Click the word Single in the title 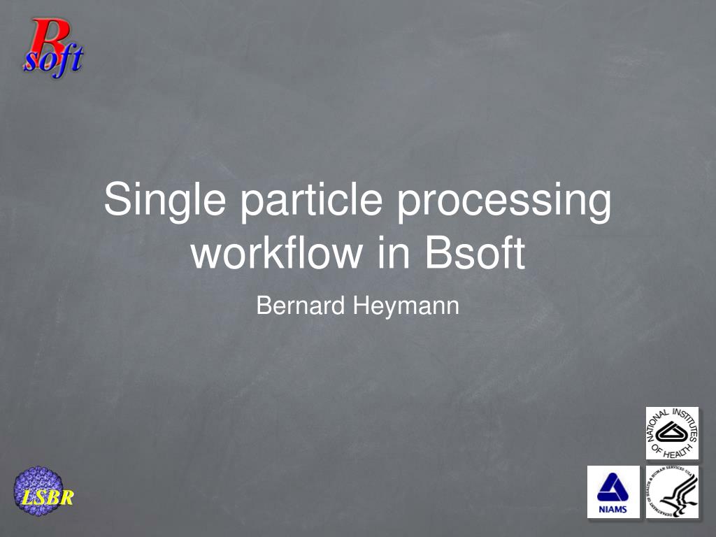[x=164, y=201]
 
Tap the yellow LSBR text [x=47, y=499]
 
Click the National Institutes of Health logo [x=671, y=434]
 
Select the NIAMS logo [x=613, y=492]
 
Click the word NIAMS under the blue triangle [x=613, y=509]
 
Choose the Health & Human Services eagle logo [x=671, y=492]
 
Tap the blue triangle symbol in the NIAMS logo [x=613, y=486]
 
